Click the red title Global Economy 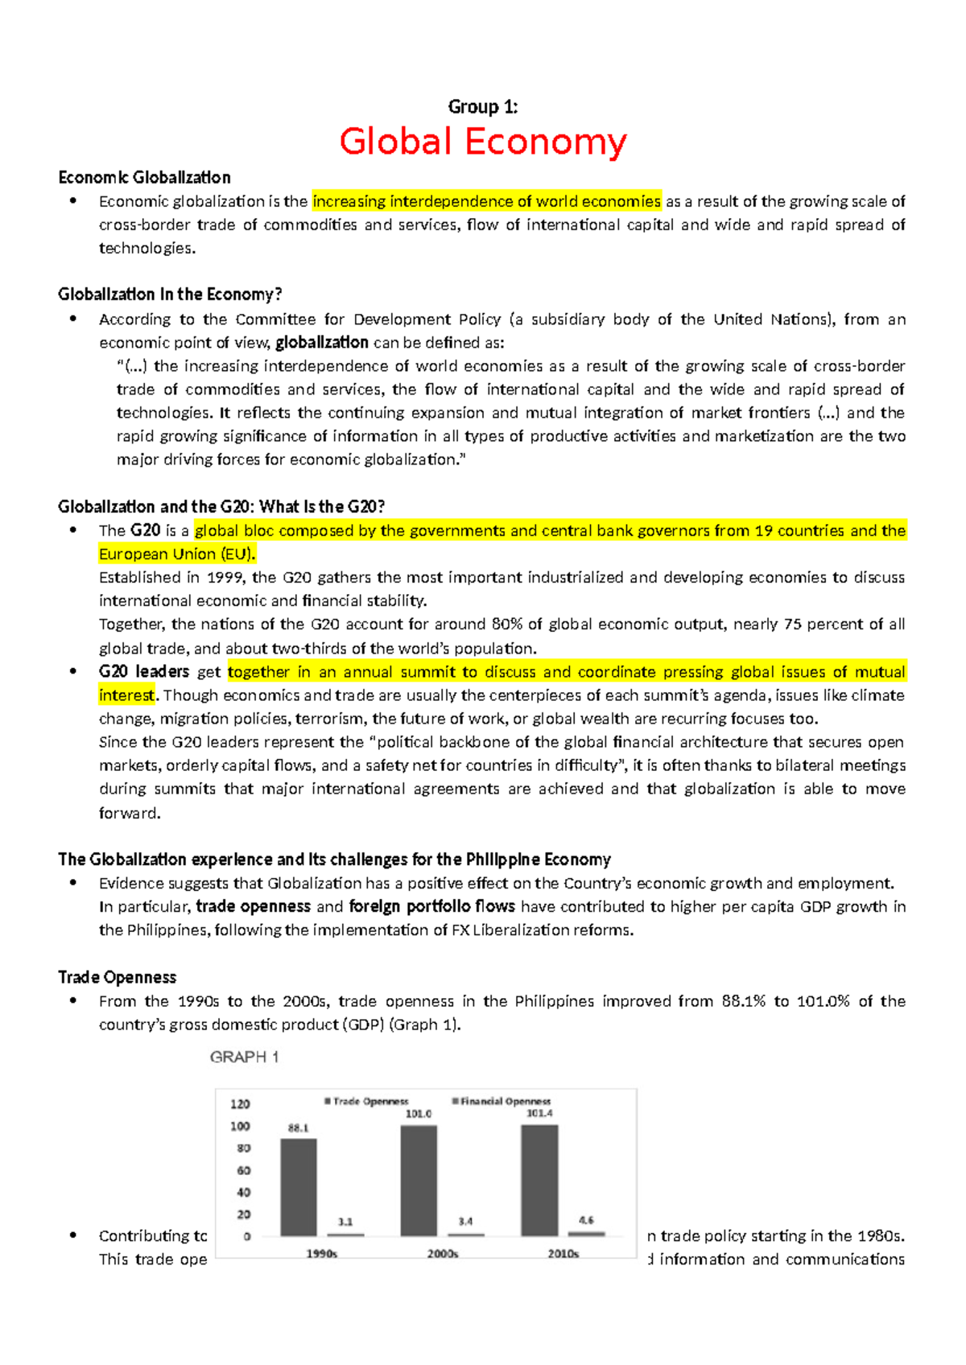tap(483, 142)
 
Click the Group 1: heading tap(483, 107)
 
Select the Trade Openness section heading tap(118, 977)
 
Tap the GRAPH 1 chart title tap(244, 1057)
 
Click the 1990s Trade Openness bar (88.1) tap(298, 1187)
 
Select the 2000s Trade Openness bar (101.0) tap(419, 1180)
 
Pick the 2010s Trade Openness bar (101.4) tap(539, 1180)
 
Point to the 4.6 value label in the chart tap(586, 1220)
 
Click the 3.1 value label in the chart tap(345, 1221)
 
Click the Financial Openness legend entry tap(502, 1101)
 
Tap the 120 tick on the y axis tap(241, 1103)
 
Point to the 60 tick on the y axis tap(243, 1170)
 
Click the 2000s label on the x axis tap(443, 1254)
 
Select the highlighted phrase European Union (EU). tap(177, 554)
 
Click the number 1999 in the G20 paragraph tap(225, 577)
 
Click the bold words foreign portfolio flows tap(431, 906)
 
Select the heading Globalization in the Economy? tap(170, 294)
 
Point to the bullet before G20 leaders tap(73, 671)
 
